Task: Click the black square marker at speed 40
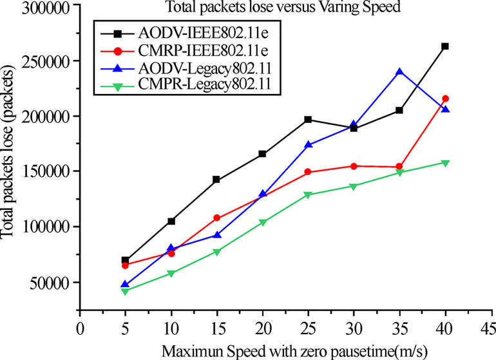pos(444,46)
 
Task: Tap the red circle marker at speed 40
pos(444,99)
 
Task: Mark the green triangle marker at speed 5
pos(125,291)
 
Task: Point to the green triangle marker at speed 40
pos(444,163)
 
